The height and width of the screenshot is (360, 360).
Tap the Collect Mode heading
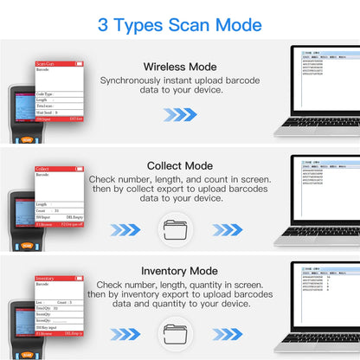click(179, 165)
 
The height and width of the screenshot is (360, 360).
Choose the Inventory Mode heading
click(179, 269)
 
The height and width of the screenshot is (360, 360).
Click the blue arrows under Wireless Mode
click(180, 114)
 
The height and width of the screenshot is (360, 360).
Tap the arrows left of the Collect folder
click(127, 230)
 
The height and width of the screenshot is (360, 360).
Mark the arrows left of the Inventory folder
click(127, 334)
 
